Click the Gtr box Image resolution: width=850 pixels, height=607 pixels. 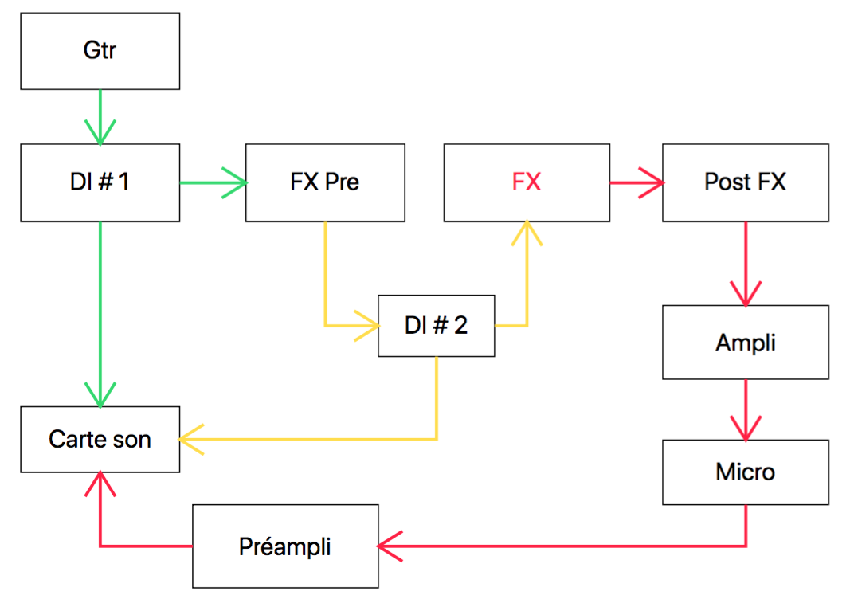[x=100, y=51]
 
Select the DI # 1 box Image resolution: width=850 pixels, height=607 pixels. [x=100, y=182]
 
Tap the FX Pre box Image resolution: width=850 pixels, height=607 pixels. [x=325, y=182]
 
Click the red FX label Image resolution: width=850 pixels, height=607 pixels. [x=526, y=182]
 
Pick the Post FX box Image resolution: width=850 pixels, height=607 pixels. [x=745, y=182]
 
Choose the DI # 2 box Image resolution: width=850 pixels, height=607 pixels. [x=436, y=326]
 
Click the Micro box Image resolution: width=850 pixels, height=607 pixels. [x=745, y=472]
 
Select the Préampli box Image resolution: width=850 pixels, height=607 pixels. [x=285, y=546]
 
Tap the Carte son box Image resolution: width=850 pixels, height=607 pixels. [x=100, y=439]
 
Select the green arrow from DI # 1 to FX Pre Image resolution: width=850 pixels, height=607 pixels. [x=213, y=182]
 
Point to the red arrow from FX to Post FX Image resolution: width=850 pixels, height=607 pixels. [x=636, y=183]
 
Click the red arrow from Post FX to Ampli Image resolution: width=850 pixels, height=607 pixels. [x=746, y=263]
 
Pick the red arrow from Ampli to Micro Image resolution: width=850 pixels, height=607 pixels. [x=746, y=409]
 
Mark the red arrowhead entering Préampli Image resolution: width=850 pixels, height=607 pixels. [x=388, y=546]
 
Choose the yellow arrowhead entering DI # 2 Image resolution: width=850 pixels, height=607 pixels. [x=367, y=325]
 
